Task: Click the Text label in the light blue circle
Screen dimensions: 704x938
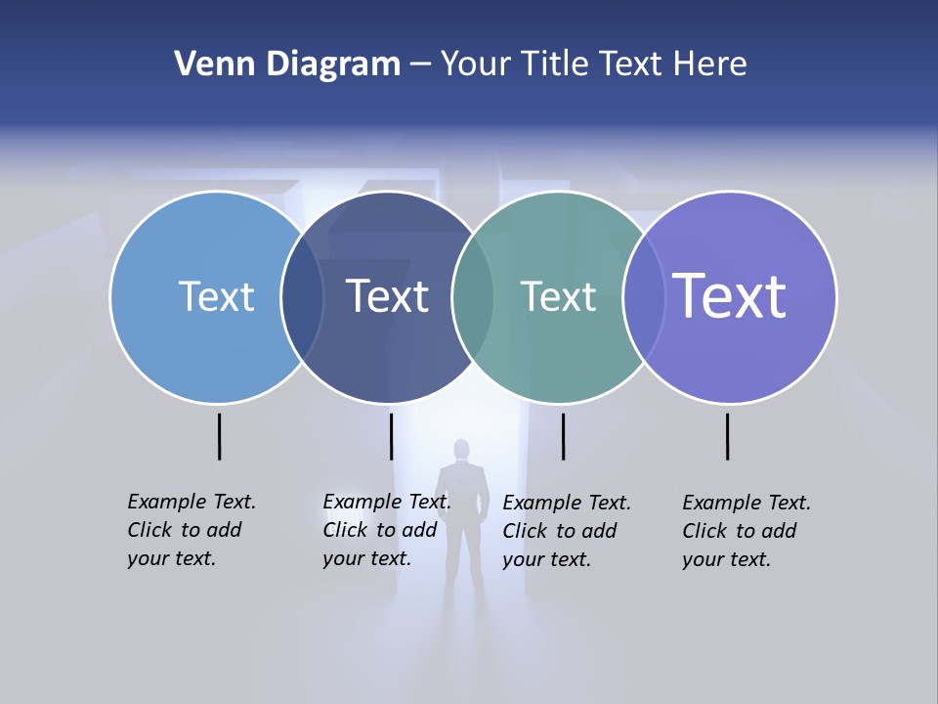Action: (x=216, y=296)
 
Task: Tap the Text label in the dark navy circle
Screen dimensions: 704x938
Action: (x=388, y=296)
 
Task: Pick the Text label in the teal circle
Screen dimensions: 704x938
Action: (x=558, y=296)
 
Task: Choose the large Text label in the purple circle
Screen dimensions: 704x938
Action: (x=730, y=295)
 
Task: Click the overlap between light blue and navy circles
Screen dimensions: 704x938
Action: (x=302, y=297)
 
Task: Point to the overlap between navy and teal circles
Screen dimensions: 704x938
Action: (x=473, y=297)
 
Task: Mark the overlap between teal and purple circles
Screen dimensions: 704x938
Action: (x=644, y=297)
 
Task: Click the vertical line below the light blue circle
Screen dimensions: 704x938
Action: (x=220, y=436)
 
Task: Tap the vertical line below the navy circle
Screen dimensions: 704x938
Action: (x=391, y=436)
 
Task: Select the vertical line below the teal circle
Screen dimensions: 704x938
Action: (x=563, y=436)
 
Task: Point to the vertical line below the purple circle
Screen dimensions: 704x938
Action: (x=728, y=436)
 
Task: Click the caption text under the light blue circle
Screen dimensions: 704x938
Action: (x=192, y=530)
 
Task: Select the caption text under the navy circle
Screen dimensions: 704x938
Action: (x=387, y=530)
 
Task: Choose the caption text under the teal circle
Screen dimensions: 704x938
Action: (x=567, y=531)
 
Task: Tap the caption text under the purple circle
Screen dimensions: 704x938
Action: (x=746, y=531)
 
